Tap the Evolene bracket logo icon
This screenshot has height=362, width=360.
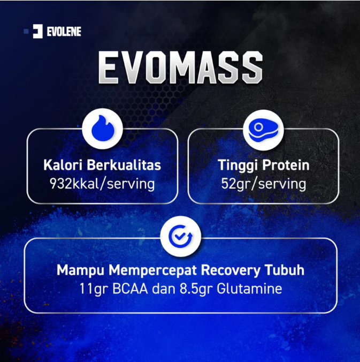pos(37,32)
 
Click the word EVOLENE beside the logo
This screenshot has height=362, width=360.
pos(64,32)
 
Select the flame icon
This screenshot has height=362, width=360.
pos(102,129)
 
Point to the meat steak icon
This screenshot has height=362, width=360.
pos(263,129)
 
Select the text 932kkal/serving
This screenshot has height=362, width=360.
pos(102,184)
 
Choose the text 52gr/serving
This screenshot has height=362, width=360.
pos(263,184)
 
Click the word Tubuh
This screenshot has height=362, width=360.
pos(283,269)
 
